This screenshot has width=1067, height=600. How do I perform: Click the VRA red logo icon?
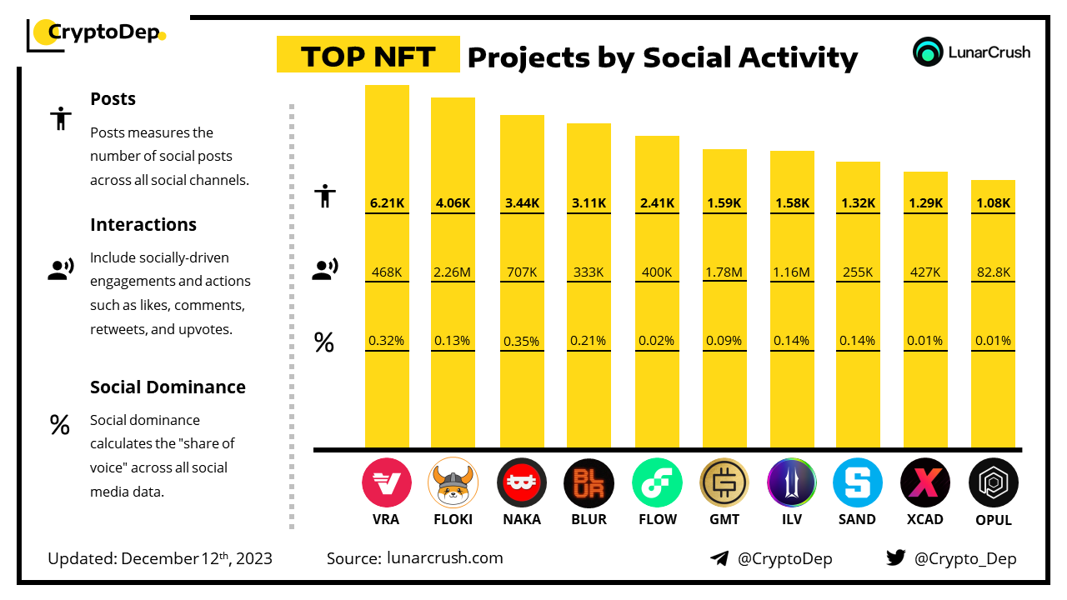pos(387,482)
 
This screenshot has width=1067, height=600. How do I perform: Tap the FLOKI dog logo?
pos(453,482)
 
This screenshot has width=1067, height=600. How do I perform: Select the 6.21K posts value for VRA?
pos(387,202)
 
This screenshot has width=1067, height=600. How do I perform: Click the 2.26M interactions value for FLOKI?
pos(453,272)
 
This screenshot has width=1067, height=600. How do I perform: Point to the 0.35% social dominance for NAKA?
pos(522,341)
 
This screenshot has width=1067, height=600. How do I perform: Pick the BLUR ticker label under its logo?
pos(589,519)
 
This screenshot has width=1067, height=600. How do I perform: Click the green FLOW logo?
pos(657,482)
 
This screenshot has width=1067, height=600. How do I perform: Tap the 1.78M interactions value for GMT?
pos(724,272)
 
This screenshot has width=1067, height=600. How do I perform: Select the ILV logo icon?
pos(792,482)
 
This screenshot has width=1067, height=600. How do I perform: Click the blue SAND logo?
pos(858,482)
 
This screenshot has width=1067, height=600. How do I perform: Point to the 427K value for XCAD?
pos(925,272)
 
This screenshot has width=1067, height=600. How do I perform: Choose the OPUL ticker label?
pos(993,520)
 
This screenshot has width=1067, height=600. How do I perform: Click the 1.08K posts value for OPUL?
pos(993,202)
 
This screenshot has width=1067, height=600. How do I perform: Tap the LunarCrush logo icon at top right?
pos(927,52)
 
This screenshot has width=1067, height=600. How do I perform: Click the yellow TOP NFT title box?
pos(368,57)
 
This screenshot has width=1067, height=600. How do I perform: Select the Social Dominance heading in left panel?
pos(168,387)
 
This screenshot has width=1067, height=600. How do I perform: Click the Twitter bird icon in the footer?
pos(896,558)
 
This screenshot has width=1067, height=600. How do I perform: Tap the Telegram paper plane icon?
pos(719,558)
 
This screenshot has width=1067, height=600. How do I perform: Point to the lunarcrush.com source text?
pos(445,558)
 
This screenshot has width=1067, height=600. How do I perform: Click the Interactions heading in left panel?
pos(143,224)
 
